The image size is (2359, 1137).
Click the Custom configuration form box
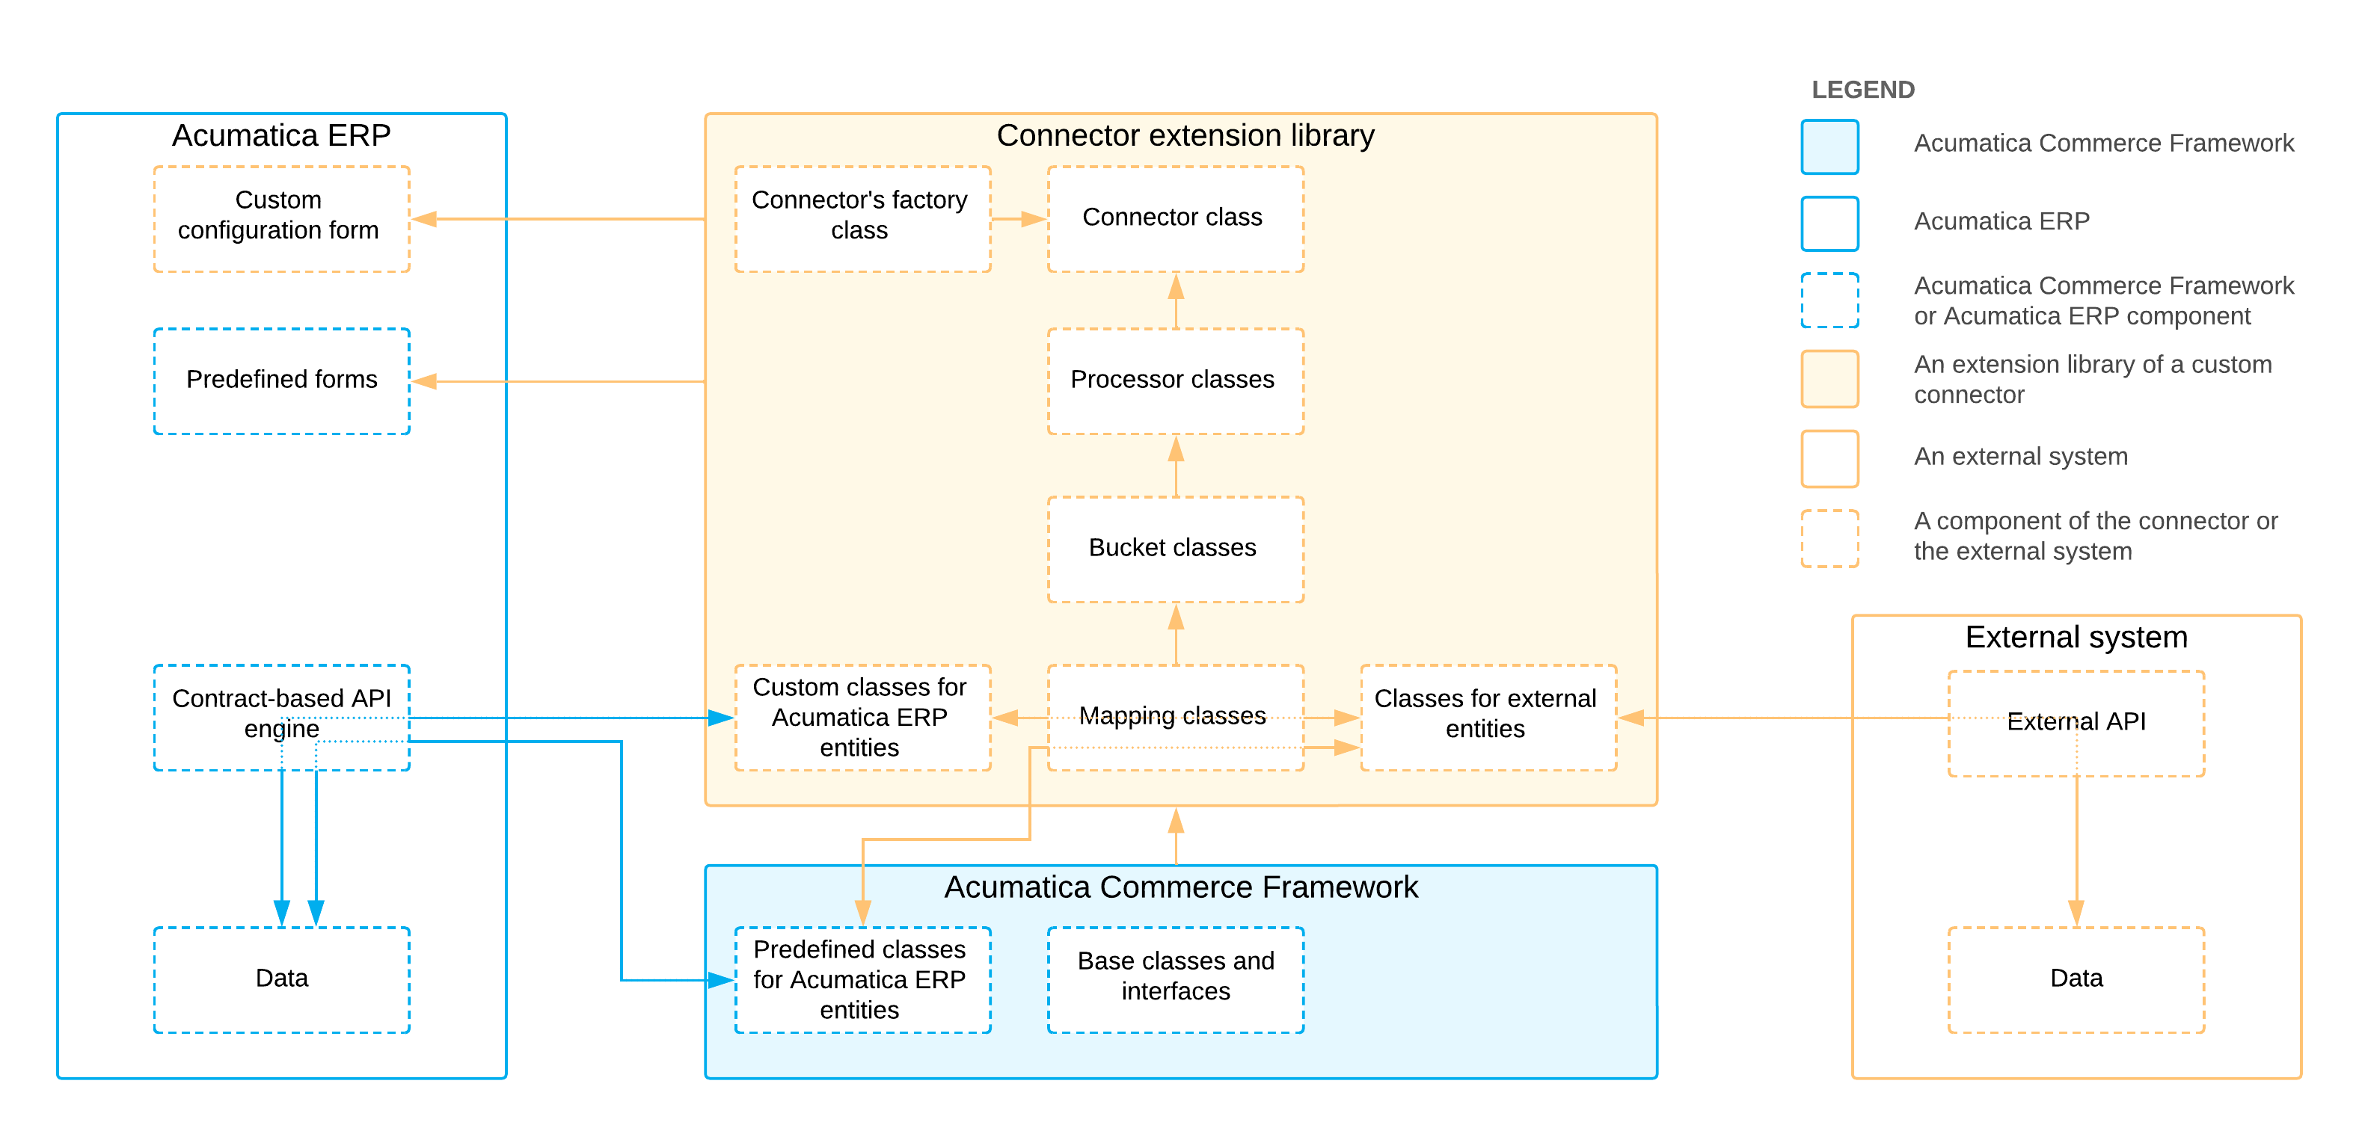pyautogui.click(x=281, y=219)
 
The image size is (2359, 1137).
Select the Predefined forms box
pyautogui.click(x=281, y=380)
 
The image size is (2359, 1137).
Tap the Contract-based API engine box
pyautogui.click(x=281, y=716)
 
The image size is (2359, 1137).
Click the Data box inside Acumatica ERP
pyautogui.click(x=281, y=979)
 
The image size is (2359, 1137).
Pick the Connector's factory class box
pyautogui.click(x=862, y=219)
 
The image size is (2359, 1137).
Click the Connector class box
pyautogui.click(x=1175, y=219)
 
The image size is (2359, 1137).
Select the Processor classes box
pyautogui.click(x=1175, y=380)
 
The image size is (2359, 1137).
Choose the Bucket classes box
pyautogui.click(x=1175, y=549)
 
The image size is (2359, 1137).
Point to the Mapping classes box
pyautogui.click(x=1175, y=717)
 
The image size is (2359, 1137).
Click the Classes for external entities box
pyautogui.click(x=1488, y=717)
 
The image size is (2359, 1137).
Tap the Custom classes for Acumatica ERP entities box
pyautogui.click(x=862, y=717)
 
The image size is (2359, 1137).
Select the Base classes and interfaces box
pyautogui.click(x=1175, y=979)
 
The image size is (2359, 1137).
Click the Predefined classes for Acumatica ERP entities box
pyautogui.click(x=862, y=979)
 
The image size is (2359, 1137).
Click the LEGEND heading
pyautogui.click(x=1862, y=90)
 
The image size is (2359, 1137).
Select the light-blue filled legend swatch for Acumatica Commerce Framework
pyautogui.click(x=1829, y=147)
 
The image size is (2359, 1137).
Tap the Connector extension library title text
pyautogui.click(x=1185, y=135)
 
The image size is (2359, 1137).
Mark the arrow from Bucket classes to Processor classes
pyautogui.click(x=1176, y=467)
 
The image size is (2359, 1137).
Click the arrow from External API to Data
pyautogui.click(x=2076, y=851)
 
